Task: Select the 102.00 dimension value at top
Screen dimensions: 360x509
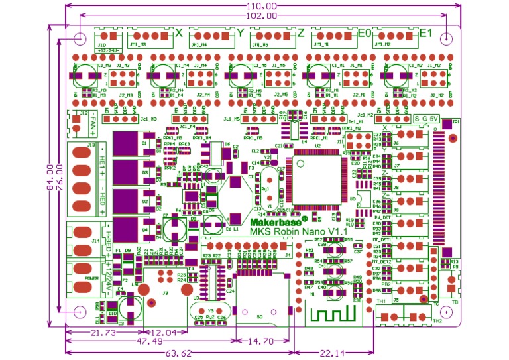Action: point(260,15)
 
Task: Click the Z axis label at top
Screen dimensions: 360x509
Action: point(301,32)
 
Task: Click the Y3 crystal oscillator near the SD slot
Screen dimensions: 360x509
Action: point(211,311)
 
